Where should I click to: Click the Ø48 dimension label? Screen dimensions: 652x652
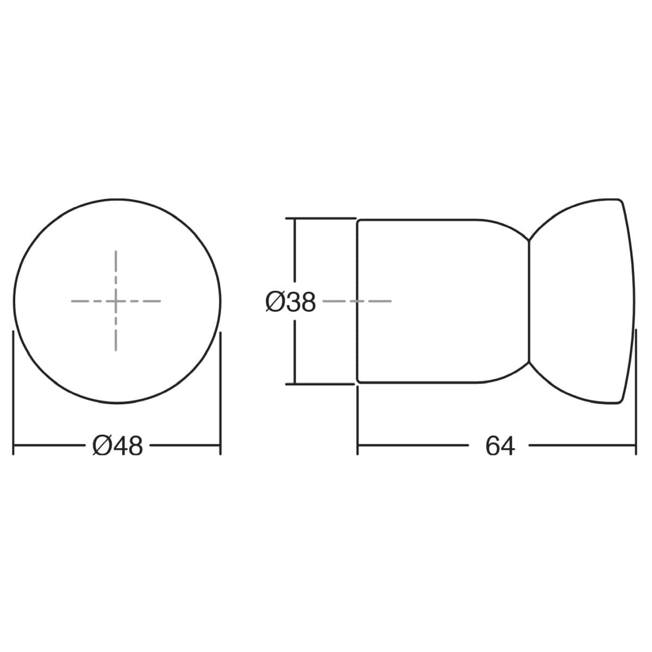point(117,446)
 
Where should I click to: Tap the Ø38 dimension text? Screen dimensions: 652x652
point(290,302)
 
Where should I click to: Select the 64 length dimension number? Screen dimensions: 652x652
point(500,446)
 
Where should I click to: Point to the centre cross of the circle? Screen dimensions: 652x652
point(116,301)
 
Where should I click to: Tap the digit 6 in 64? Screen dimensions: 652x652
point(493,446)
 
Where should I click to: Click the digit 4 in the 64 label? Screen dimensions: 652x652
point(507,446)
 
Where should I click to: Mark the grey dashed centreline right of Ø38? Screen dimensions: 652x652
point(356,301)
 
